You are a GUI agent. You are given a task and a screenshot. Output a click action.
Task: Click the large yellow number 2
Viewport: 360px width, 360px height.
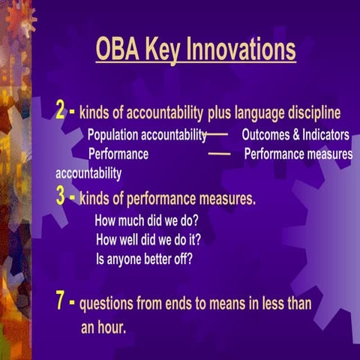[x=62, y=112]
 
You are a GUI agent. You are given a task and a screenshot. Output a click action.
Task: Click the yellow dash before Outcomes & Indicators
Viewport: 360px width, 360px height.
[x=217, y=136]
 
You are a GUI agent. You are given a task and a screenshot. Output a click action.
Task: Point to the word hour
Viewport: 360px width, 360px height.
[x=111, y=328]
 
